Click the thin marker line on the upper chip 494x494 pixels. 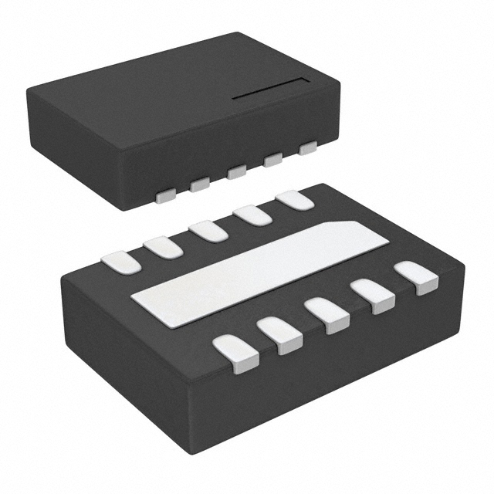(x=270, y=89)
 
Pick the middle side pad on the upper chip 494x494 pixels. (x=237, y=172)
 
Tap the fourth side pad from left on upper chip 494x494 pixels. (x=272, y=160)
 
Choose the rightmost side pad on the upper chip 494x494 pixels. (x=307, y=147)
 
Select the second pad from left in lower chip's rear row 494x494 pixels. (x=163, y=247)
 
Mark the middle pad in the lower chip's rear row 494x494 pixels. (x=208, y=230)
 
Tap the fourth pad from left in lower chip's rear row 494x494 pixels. (x=253, y=214)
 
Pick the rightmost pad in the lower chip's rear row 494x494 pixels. (x=295, y=199)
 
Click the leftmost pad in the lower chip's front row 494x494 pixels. (x=235, y=354)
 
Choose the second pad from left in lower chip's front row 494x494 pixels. (x=279, y=335)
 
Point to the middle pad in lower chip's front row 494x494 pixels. (x=327, y=315)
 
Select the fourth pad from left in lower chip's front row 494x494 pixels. (x=372, y=296)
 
